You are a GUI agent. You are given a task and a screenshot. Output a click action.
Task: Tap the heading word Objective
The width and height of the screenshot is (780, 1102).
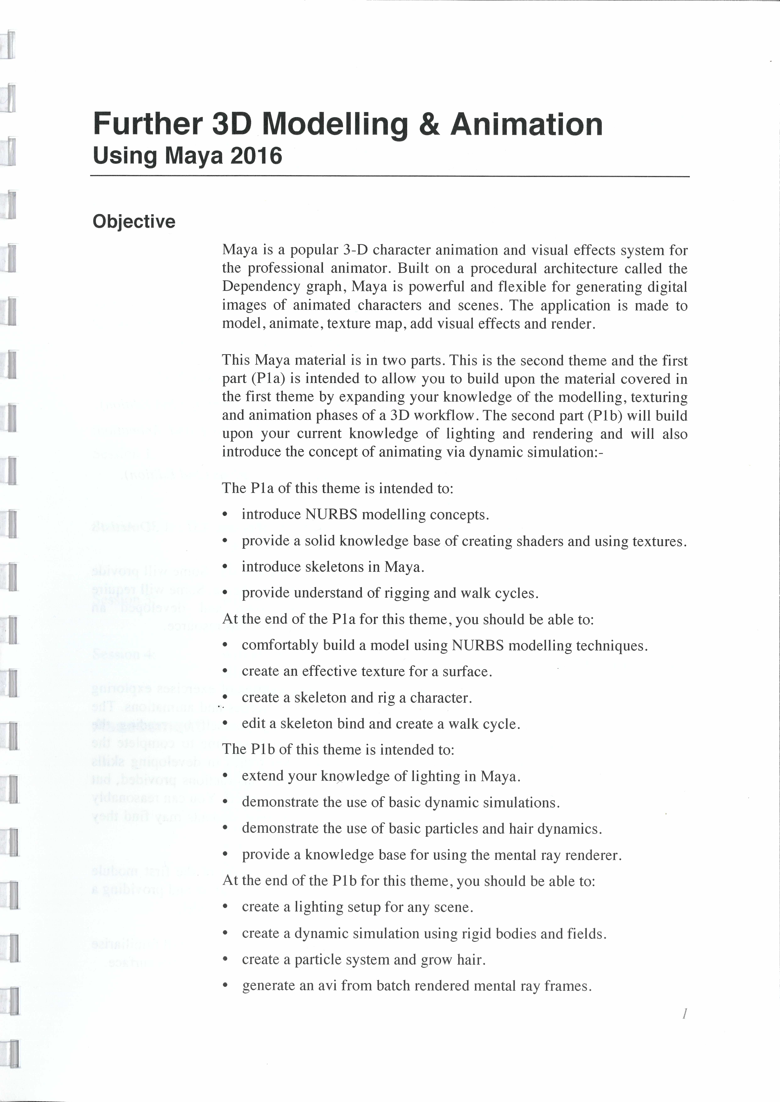(134, 222)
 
